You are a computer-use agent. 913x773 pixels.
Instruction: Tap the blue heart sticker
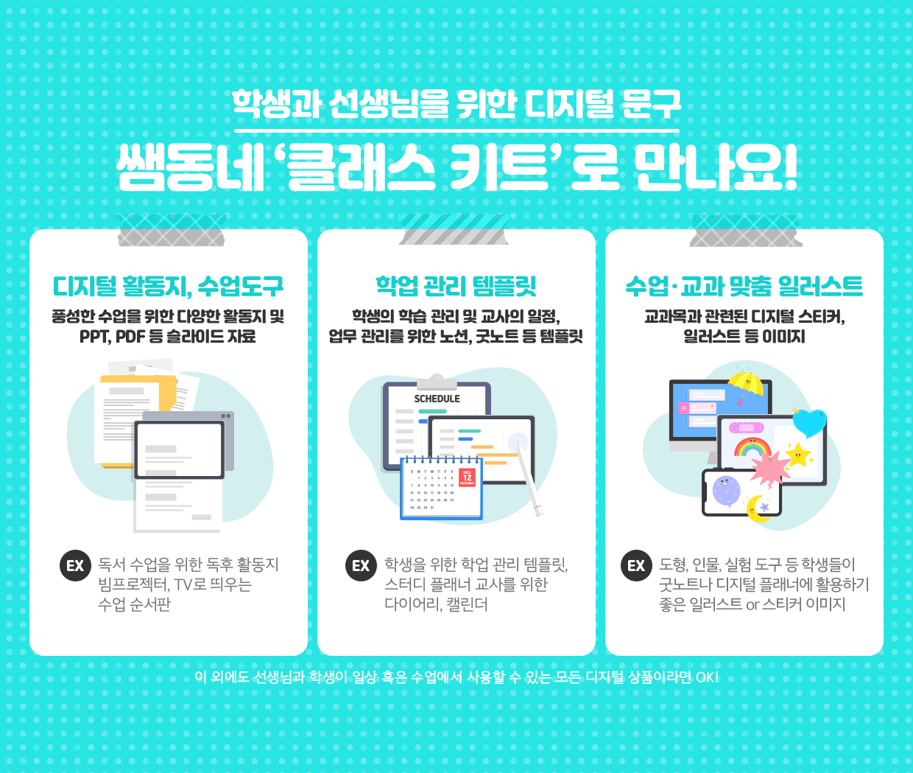(x=809, y=423)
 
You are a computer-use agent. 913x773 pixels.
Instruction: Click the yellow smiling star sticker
(x=797, y=455)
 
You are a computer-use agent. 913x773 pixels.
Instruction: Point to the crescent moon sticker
(x=757, y=508)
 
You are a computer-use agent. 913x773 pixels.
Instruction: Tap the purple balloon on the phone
(x=726, y=491)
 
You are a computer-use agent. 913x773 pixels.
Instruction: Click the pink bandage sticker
(x=746, y=428)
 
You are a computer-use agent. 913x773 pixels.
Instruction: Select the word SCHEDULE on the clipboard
(x=437, y=399)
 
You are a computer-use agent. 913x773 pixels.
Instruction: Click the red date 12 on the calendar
(x=468, y=478)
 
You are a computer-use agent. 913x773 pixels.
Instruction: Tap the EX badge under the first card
(x=76, y=565)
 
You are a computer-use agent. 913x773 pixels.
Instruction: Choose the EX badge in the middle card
(x=361, y=565)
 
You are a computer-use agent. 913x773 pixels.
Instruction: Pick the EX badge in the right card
(x=636, y=565)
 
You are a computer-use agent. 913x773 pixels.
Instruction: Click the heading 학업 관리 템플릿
(x=456, y=286)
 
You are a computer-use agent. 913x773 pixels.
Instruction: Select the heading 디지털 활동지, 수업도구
(x=168, y=287)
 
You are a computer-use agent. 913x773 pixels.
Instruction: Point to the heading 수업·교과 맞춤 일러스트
(x=744, y=286)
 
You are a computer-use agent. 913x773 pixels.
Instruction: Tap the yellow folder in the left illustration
(x=138, y=421)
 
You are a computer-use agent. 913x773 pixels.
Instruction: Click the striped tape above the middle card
(x=454, y=229)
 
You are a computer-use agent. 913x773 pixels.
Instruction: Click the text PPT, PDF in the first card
(x=112, y=337)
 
